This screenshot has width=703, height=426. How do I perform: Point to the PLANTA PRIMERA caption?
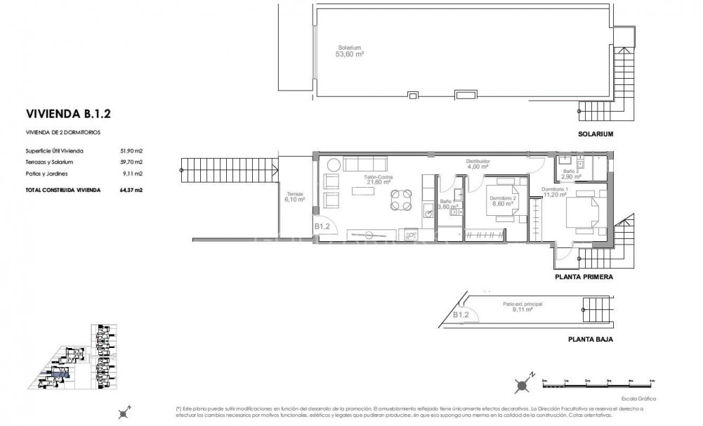[x=584, y=277]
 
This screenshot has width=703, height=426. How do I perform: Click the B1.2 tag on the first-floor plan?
[x=322, y=226]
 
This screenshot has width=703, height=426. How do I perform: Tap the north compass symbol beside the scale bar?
[x=523, y=385]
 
